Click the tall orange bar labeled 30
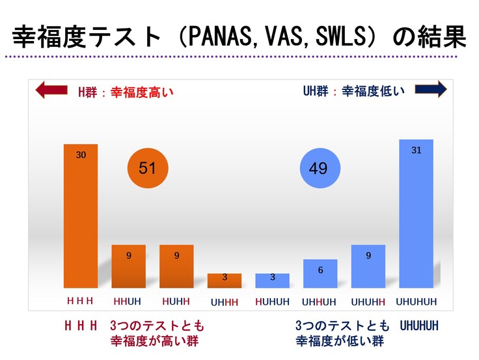click(81, 215)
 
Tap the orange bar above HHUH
click(129, 266)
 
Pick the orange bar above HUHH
click(176, 266)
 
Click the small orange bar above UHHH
click(225, 281)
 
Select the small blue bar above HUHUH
click(272, 281)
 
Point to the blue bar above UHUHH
click(368, 266)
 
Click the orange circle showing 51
click(148, 169)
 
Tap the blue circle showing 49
click(318, 169)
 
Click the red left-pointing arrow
click(51, 90)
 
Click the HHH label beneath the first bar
click(81, 301)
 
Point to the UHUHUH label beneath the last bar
click(417, 302)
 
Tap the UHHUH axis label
click(320, 302)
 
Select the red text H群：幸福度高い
click(126, 92)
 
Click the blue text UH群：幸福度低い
click(354, 91)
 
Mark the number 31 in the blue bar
click(417, 150)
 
